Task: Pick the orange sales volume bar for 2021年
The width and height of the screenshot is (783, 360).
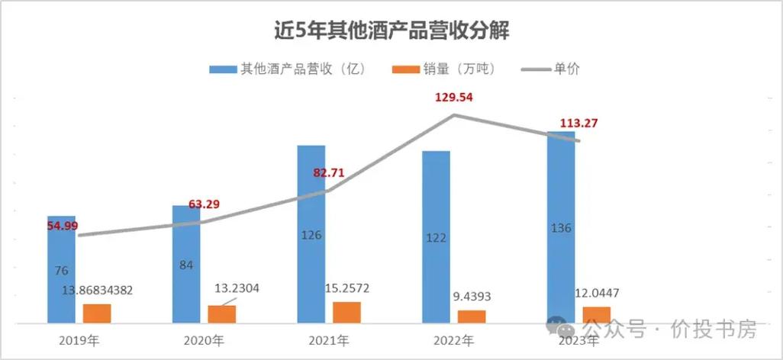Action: click(x=346, y=313)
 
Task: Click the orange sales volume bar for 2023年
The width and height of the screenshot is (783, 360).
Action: click(x=596, y=315)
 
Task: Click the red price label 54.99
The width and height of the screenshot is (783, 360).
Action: click(x=61, y=226)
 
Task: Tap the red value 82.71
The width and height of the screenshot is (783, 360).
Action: click(x=329, y=172)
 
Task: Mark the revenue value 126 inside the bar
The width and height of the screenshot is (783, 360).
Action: click(x=311, y=235)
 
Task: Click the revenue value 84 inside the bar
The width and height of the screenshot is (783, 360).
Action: click(x=186, y=265)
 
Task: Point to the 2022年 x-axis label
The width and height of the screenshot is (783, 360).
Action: click(x=451, y=340)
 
